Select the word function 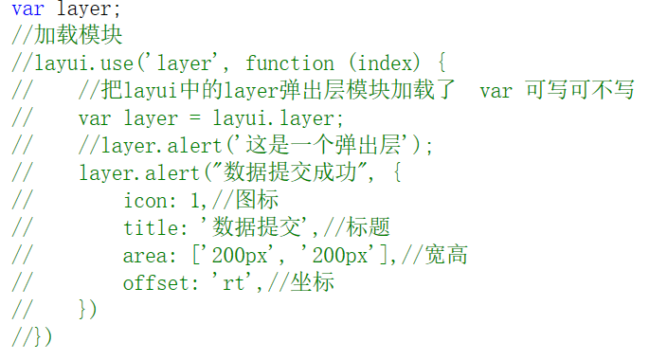(290, 63)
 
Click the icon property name (144, 200)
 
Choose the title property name (150, 227)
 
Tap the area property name (144, 255)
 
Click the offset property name (155, 282)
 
